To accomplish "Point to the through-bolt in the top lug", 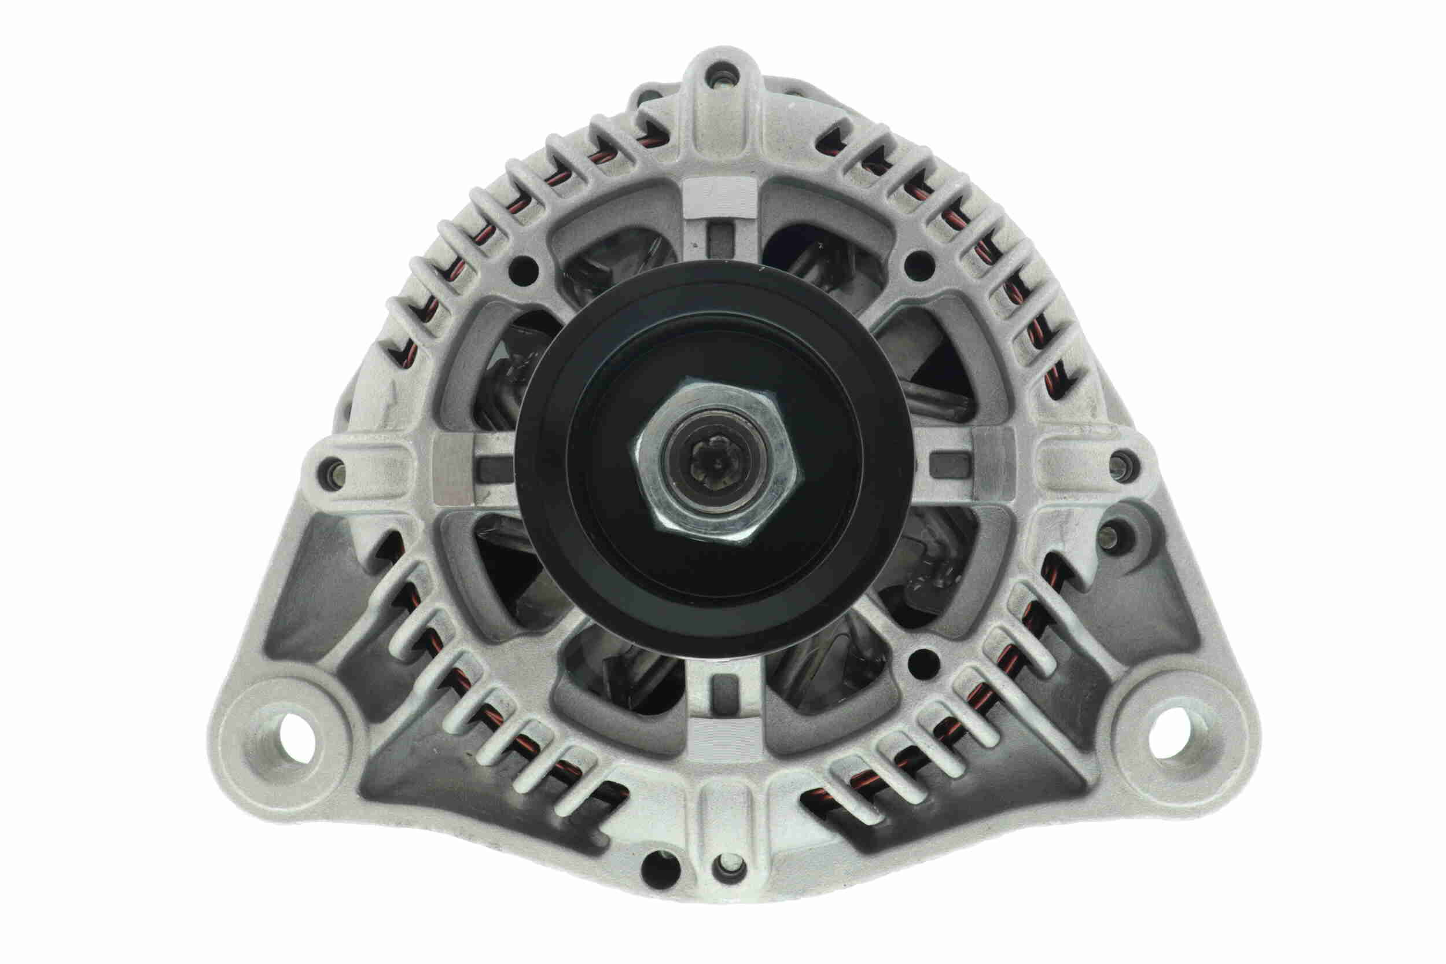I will click(720, 78).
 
